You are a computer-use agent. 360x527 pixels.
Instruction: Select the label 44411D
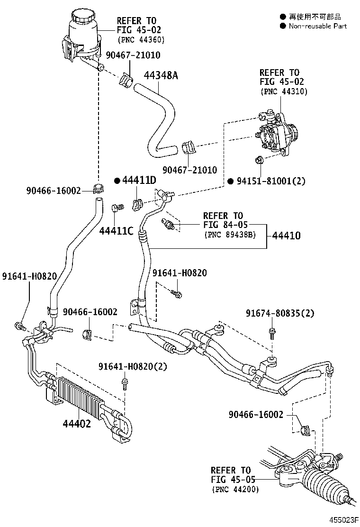pyautogui.click(x=139, y=181)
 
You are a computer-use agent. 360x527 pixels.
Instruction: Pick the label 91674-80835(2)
pyautogui.click(x=280, y=313)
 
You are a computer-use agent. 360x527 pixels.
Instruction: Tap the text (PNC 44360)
pyautogui.click(x=141, y=39)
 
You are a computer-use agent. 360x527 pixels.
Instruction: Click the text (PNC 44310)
pyautogui.click(x=284, y=91)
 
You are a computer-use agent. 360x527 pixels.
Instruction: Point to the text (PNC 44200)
pyautogui.click(x=235, y=490)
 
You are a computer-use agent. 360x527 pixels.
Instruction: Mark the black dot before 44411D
pyautogui.click(x=116, y=181)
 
